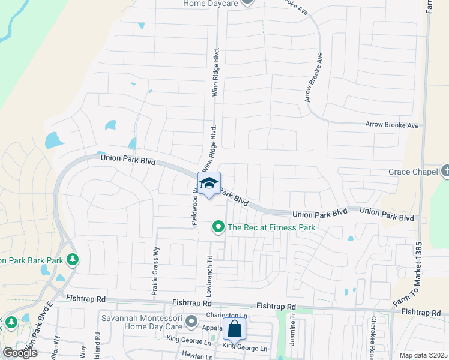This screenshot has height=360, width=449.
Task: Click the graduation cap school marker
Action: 209,184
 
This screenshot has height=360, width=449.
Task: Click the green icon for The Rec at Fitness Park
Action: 218,227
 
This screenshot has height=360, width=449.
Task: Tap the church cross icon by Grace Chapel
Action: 445,172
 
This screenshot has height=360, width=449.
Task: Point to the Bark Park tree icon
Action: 73,260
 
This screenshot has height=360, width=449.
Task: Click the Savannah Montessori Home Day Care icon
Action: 191,322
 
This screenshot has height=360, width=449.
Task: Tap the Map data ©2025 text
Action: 424,355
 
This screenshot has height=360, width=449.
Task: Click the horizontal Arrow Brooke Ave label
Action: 392,125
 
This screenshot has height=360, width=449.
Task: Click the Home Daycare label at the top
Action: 211,4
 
